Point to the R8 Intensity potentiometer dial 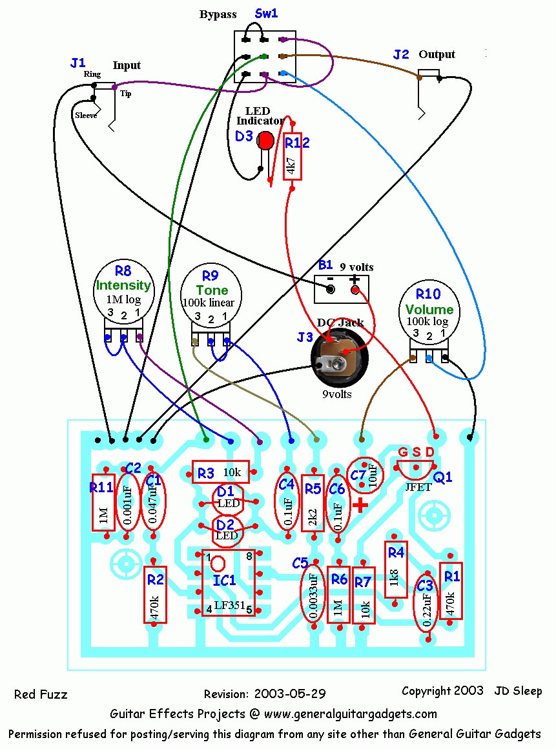pos(123,290)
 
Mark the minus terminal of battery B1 pos(331,290)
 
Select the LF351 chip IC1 pos(228,583)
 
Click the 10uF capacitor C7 pos(366,476)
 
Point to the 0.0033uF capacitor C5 pos(313,595)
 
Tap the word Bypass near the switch pos(218,14)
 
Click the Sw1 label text pos(266,13)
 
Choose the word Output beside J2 pos(437,54)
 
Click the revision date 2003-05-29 pos(290,694)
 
